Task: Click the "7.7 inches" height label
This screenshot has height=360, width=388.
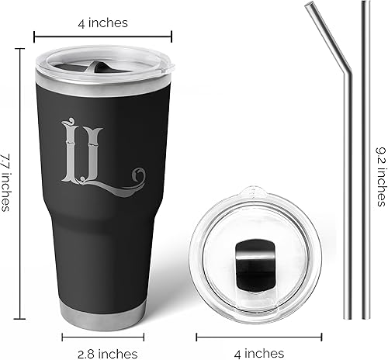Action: (7, 183)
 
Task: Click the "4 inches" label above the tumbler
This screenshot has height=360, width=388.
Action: (102, 22)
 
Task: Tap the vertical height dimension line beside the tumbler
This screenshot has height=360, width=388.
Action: (22, 182)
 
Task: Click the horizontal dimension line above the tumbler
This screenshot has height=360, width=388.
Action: (102, 35)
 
